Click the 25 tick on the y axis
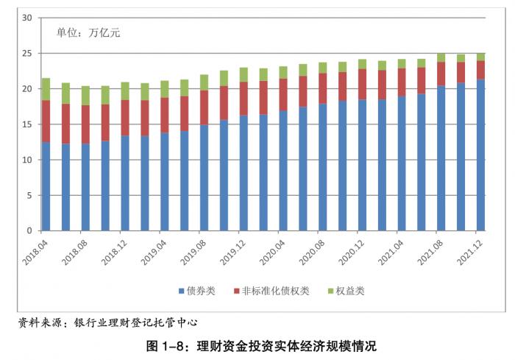[26, 54]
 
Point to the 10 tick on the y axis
[26, 160]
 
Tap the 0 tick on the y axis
[29, 231]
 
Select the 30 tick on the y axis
[26, 18]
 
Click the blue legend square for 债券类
[180, 292]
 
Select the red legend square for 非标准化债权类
[236, 292]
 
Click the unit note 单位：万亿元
[88, 33]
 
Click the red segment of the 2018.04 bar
[46, 121]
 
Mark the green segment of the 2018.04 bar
[46, 89]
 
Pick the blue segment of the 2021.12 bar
[480, 155]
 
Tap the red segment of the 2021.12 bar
[480, 70]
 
